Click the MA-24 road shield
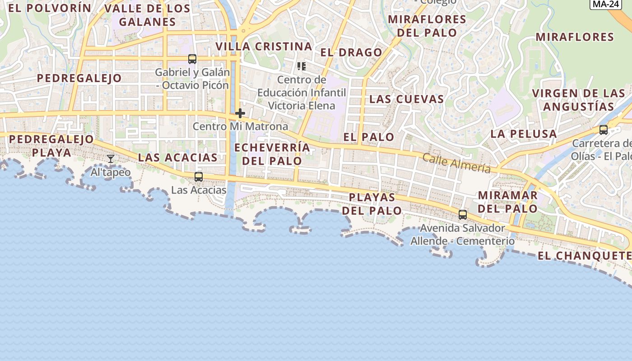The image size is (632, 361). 605,4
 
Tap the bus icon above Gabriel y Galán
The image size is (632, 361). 192,59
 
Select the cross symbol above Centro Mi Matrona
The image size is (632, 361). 240,113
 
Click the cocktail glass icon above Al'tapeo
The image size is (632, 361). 111,158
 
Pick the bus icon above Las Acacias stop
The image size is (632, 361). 198,176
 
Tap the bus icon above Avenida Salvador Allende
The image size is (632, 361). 463,214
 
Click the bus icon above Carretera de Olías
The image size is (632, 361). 603,130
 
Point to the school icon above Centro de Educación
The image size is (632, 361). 302,67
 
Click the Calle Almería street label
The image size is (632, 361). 456,163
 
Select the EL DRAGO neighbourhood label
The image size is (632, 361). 351,52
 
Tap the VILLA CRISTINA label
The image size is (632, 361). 264,46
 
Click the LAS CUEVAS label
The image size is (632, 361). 406,99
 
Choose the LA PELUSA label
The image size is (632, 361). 524,134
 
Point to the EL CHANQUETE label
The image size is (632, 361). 584,256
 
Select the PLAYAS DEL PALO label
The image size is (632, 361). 372,204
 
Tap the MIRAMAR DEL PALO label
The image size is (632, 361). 508,202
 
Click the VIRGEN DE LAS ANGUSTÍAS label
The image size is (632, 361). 579,100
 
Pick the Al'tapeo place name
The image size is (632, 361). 111,172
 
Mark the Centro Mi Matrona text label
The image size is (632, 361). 240,126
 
